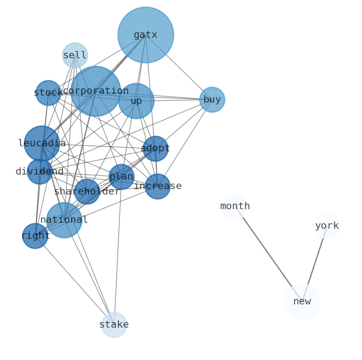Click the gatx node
tap(145, 35)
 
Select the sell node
tap(75, 55)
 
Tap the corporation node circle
tap(95, 91)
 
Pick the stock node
tap(48, 93)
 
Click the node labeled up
tap(136, 101)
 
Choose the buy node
tap(212, 99)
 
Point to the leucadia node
tap(42, 144)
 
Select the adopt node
tap(155, 149)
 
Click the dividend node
tap(40, 172)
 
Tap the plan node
tap(121, 177)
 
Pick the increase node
tap(158, 186)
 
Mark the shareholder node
tap(87, 192)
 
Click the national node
tap(64, 220)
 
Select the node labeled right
tap(35, 236)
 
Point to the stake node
tap(114, 325)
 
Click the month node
tap(235, 206)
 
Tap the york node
tap(327, 226)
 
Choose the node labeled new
tap(302, 301)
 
